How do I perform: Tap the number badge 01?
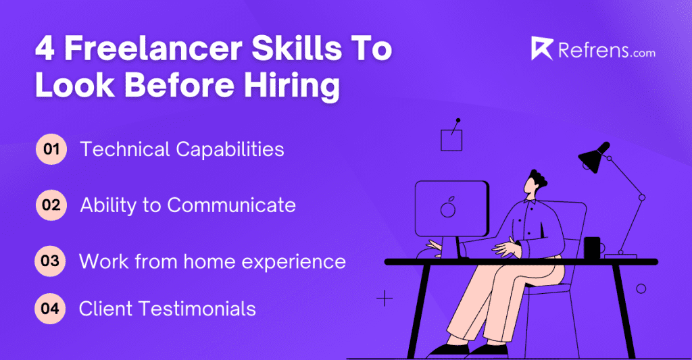51,149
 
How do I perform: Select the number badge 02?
51,205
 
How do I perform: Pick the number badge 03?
51,261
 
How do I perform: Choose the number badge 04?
51,309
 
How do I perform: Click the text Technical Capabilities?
182,149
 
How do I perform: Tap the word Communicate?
231,205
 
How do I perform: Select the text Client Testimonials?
167,309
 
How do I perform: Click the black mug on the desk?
593,247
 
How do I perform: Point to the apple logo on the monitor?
447,208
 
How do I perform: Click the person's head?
538,182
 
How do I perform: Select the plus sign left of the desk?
385,298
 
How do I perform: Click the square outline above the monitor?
451,140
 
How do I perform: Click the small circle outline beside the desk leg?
641,288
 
